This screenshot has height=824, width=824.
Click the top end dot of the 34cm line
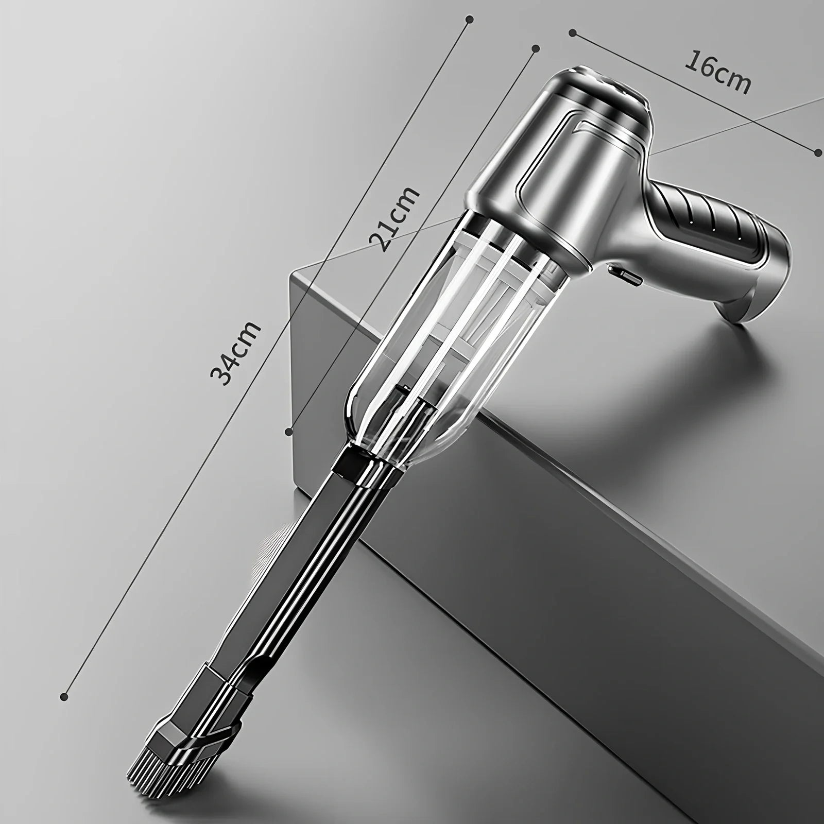469,20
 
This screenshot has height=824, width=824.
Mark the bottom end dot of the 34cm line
64,697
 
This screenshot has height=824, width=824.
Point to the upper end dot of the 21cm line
536,48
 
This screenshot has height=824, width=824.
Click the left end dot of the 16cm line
572,33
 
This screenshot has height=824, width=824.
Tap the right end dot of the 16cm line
819,151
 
